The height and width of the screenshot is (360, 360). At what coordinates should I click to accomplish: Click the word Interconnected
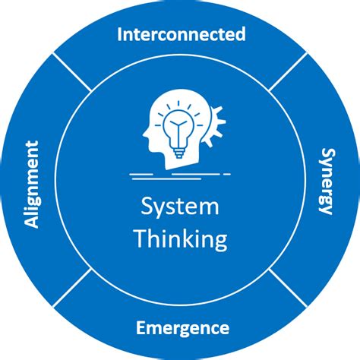coord(180,34)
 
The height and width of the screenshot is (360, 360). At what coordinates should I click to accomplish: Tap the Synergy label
coord(324,182)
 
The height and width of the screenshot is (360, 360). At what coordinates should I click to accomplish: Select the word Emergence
coord(182,328)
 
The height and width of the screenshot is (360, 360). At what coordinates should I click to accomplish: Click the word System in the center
coord(181,207)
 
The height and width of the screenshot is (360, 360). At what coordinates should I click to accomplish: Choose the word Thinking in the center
coord(181,239)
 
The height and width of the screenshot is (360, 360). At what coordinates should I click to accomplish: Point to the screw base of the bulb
coord(179,152)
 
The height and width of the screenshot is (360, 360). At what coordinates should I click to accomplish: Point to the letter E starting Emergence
coord(140,328)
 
